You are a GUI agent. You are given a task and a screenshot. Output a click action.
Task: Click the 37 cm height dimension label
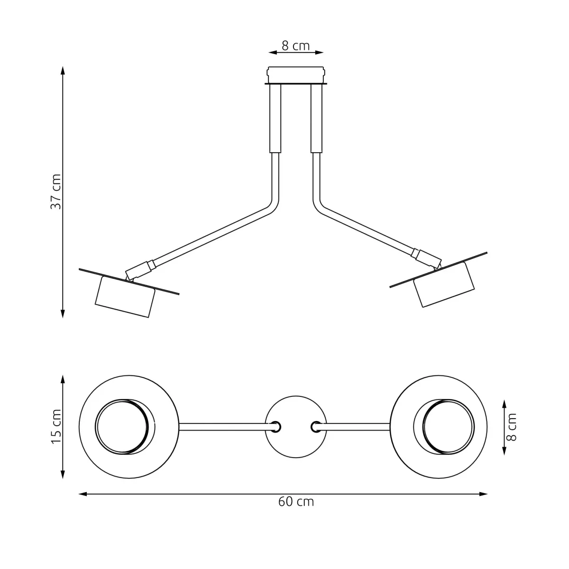point(56,192)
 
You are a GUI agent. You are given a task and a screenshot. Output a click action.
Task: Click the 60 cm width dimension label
point(296,502)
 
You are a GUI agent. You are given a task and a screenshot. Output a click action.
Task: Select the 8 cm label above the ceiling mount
point(295,46)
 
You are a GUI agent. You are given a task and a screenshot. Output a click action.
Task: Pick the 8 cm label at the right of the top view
point(511,427)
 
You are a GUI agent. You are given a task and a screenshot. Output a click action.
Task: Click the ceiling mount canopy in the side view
point(296,75)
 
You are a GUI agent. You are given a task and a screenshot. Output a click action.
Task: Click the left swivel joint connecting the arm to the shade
point(138,270)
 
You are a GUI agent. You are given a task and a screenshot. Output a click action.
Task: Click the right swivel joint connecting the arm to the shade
point(427,258)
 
